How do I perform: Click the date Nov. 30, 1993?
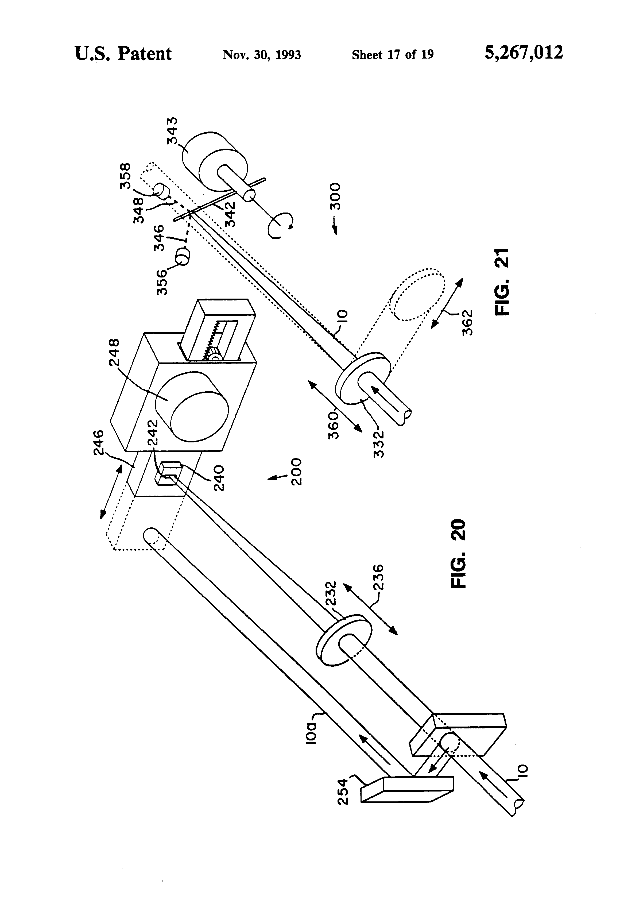[262, 55]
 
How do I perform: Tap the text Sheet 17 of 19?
[393, 55]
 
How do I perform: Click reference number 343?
[172, 130]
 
